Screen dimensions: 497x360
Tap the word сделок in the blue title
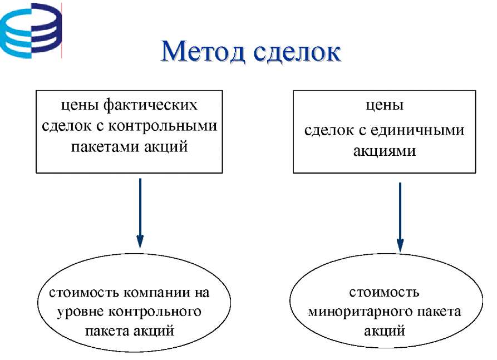point(297,51)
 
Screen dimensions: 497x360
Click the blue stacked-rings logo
point(31,31)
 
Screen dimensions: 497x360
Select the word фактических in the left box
point(150,105)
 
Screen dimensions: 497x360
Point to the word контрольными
point(163,126)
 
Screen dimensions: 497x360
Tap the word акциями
point(384,151)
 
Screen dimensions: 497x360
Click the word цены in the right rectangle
point(385,105)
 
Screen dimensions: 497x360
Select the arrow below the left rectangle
point(140,213)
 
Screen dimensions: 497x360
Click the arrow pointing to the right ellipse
point(400,218)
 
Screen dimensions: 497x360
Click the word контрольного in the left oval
point(155,312)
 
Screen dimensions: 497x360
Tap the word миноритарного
point(360,312)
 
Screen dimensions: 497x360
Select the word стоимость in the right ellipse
point(384,292)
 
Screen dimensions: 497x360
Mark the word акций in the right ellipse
point(384,331)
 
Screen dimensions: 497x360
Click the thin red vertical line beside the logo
point(61,31)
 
